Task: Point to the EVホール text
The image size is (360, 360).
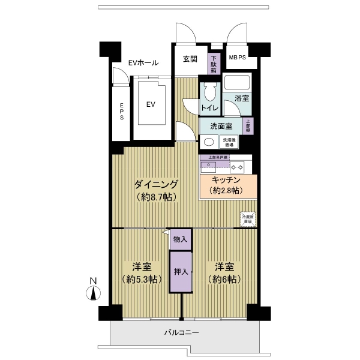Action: tap(143, 62)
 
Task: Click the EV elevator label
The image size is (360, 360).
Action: tap(151, 104)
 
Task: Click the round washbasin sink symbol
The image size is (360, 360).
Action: tap(208, 142)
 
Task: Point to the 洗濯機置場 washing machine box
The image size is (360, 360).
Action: tap(229, 142)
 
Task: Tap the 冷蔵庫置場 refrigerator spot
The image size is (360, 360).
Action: tap(247, 219)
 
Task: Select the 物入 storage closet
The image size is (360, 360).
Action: tap(180, 239)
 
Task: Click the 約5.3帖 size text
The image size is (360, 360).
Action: tap(142, 280)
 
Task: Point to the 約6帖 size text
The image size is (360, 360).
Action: tap(225, 280)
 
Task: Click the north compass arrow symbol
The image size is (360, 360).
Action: tap(93, 293)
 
